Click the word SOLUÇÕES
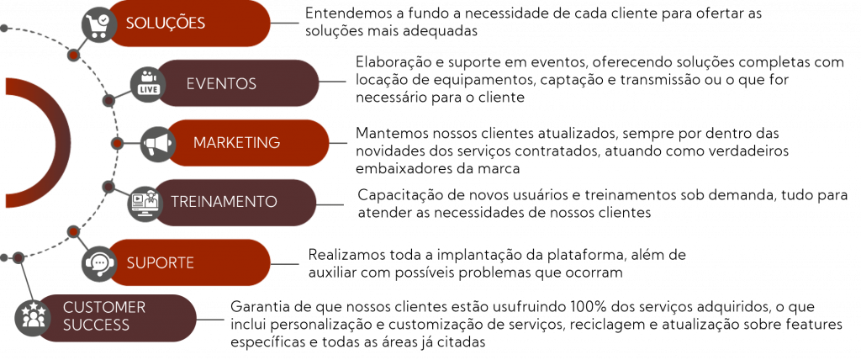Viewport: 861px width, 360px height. pos(165,24)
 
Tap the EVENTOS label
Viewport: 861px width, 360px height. pos(221,84)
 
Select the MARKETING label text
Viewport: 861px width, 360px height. pos(236,143)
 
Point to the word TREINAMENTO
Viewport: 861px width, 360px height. pos(224,202)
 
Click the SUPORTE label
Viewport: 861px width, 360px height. pos(160,262)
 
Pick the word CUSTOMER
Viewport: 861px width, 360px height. pos(104,308)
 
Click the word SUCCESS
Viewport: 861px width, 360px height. pos(96,326)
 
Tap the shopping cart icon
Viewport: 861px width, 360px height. pos(99,24)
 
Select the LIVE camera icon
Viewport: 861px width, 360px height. pos(148,83)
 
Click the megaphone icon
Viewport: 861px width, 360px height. pos(157,144)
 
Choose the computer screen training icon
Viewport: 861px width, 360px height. pos(145,204)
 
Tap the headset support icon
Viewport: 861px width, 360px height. pos(99,263)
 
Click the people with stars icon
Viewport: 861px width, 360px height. pos(33,318)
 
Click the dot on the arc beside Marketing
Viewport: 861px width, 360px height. pos(118,144)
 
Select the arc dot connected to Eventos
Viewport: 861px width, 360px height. pos(108,101)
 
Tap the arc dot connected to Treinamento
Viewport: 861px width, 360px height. pos(108,186)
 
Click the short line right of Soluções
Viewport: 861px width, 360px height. pos(285,24)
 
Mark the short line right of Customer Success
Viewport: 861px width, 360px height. pos(210,320)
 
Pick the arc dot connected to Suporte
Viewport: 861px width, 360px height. pos(73,230)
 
